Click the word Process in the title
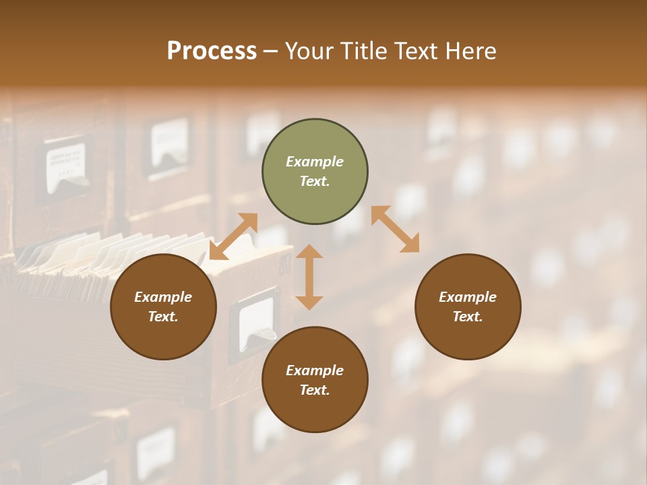[x=212, y=51]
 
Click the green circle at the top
[x=315, y=172]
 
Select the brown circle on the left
[x=163, y=306]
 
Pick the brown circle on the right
[x=468, y=306]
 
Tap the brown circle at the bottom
[x=315, y=380]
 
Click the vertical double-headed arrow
[x=309, y=277]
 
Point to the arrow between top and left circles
[x=233, y=236]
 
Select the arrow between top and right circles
[x=395, y=229]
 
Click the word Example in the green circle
[x=315, y=162]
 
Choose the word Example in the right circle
[x=468, y=297]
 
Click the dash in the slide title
[x=271, y=51]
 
